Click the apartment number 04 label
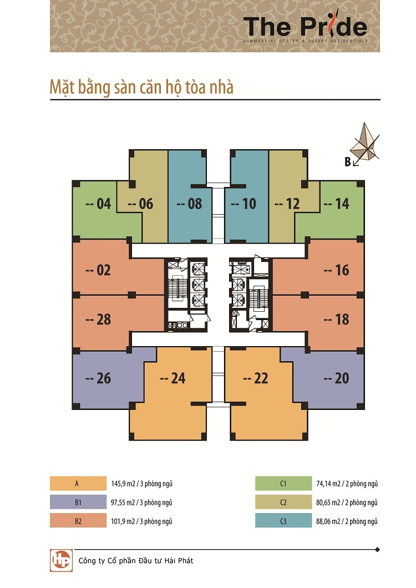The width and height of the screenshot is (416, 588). (98, 204)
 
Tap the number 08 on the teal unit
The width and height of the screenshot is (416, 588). (189, 204)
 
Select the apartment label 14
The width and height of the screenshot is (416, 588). (336, 204)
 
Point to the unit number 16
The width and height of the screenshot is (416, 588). (336, 270)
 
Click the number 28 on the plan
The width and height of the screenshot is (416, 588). (98, 320)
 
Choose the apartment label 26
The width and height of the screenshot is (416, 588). (98, 378)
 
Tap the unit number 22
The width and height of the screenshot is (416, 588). (256, 378)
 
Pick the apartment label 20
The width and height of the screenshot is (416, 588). (336, 378)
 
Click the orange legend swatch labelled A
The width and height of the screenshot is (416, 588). (78, 483)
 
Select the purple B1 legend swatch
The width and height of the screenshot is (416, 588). (78, 502)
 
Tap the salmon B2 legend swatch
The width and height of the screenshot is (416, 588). (78, 521)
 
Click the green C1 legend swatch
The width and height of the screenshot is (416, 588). (283, 483)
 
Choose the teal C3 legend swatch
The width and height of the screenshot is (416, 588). (283, 521)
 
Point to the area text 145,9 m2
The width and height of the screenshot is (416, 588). (123, 484)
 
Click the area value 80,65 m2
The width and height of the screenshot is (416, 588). (328, 503)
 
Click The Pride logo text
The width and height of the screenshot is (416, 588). (305, 27)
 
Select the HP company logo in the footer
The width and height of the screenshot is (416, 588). (61, 561)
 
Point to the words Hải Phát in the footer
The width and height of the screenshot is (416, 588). (179, 561)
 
